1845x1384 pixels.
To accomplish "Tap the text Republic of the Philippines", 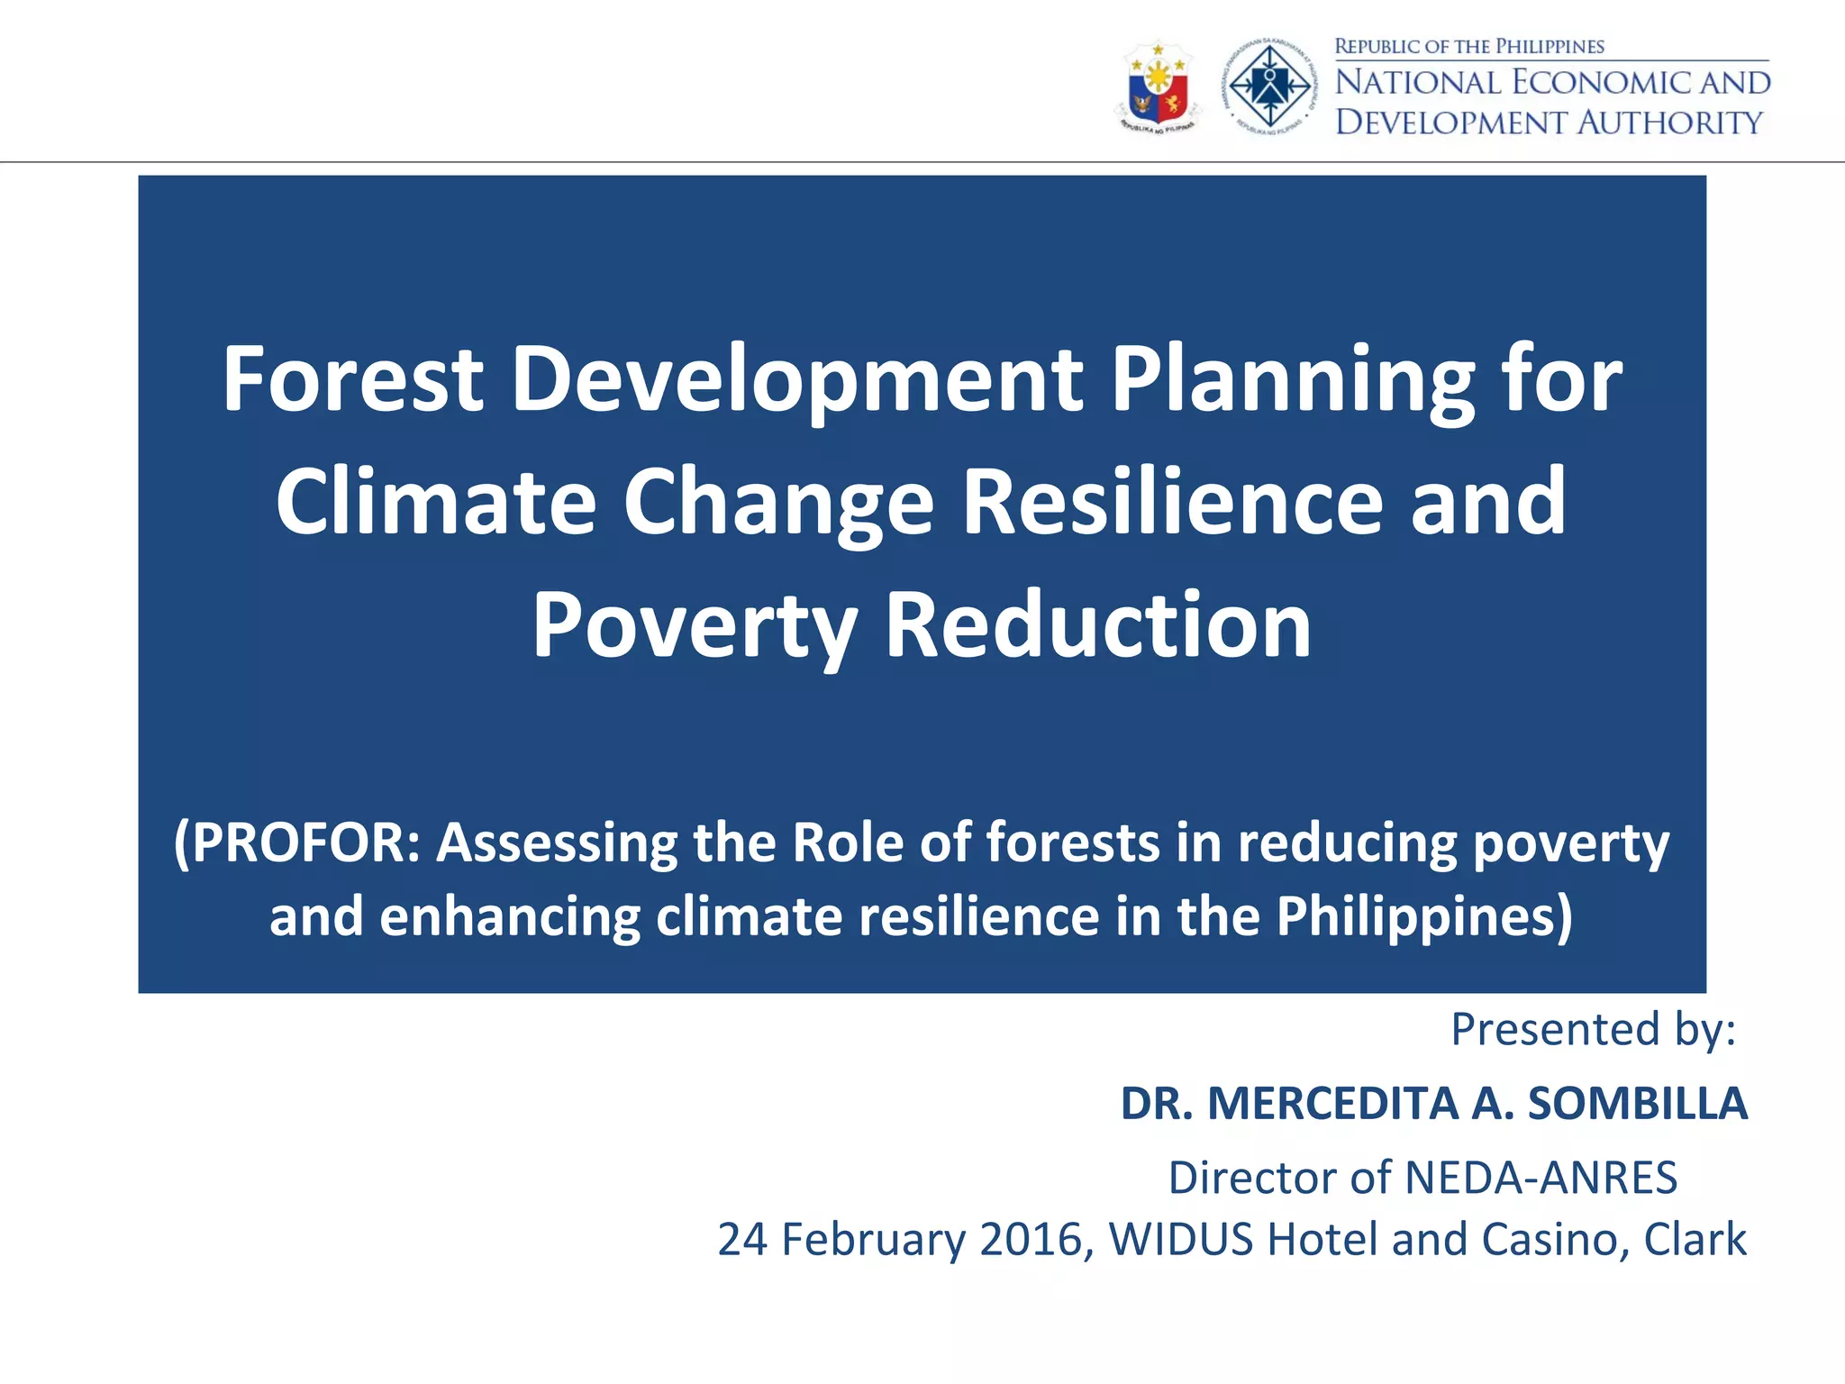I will point(1468,46).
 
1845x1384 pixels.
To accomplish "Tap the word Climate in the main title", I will point(436,502).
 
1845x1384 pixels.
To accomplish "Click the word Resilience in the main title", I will point(1173,502).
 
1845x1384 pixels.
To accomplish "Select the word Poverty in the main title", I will point(695,626).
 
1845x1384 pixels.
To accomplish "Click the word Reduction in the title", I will point(1098,624).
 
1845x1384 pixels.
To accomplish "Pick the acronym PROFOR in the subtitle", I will point(305,842).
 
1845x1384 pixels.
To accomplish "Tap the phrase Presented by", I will point(1593,1029).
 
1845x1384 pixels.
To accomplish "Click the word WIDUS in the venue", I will point(1180,1239).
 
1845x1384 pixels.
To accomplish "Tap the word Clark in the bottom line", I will point(1695,1239).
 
